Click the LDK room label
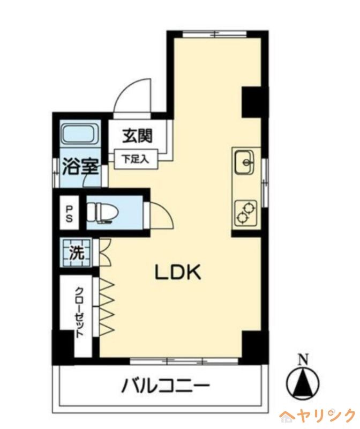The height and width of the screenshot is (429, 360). coord(178,273)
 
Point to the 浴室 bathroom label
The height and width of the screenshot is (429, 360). coord(80,167)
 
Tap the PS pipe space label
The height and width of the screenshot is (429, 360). coord(69,212)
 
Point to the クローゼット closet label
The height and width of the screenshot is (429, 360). coord(79,312)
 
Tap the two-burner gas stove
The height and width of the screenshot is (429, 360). coord(246,211)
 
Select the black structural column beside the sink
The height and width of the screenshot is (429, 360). coord(251,101)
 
